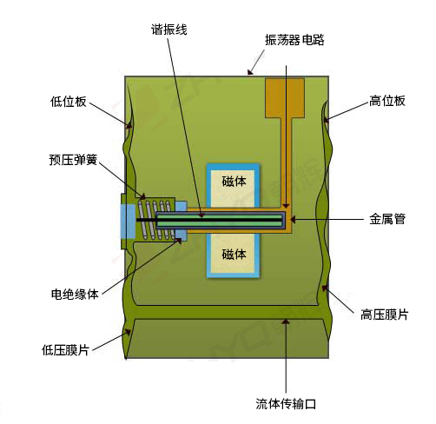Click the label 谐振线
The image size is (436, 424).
[169, 30]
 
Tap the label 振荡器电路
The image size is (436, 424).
[294, 40]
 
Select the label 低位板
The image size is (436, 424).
[69, 102]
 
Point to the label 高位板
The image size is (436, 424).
[387, 101]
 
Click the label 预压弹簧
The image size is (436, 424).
[73, 160]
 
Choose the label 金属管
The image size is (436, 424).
[387, 219]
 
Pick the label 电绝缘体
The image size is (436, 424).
[75, 294]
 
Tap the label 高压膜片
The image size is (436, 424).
[384, 315]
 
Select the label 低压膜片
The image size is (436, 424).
[65, 350]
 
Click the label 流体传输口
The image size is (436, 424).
[286, 404]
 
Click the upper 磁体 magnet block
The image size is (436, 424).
[233, 186]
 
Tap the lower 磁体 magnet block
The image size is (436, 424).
[233, 255]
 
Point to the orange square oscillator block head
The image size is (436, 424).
[285, 98]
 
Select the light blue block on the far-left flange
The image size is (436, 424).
[128, 222]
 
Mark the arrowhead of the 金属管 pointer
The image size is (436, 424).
[293, 219]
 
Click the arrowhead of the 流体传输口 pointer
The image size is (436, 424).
[286, 321]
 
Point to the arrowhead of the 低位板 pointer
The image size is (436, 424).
[129, 125]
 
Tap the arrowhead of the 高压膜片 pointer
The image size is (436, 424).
[326, 288]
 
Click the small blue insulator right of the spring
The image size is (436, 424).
[182, 220]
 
